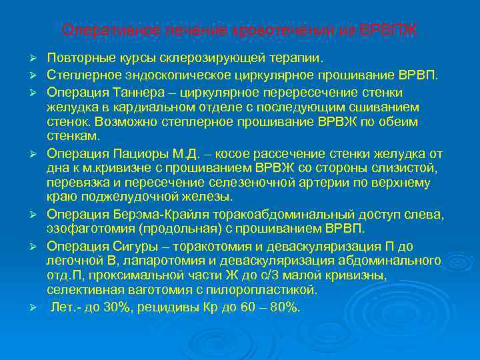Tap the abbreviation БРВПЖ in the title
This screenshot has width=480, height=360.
click(x=389, y=31)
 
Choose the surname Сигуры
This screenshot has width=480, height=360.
click(x=133, y=245)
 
